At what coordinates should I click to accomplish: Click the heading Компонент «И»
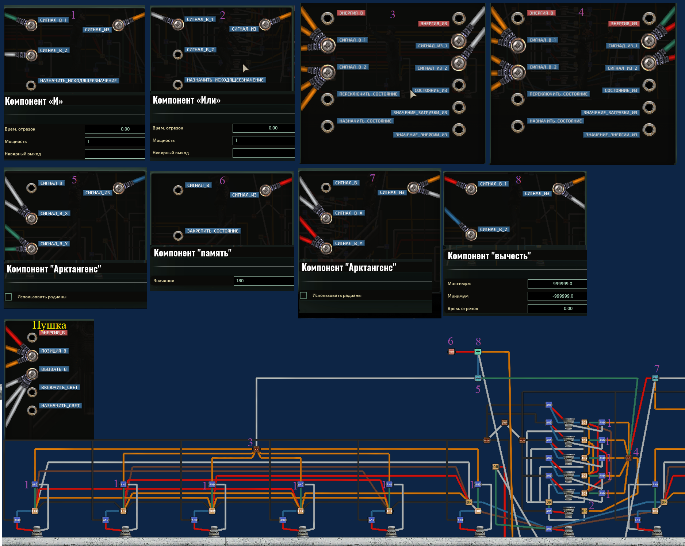tap(34, 101)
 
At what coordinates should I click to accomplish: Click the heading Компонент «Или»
tap(186, 100)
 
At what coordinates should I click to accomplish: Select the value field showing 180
tap(263, 281)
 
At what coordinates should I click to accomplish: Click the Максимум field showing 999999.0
tap(556, 284)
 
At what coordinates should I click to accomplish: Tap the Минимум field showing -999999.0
tap(556, 296)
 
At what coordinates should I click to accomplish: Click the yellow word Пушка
tap(49, 325)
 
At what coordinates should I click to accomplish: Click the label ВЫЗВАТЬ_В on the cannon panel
tap(54, 369)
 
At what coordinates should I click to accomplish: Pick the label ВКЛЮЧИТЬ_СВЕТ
tap(59, 387)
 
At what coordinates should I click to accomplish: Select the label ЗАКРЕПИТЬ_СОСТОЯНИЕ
tap(213, 231)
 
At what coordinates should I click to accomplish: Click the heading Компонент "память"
tap(192, 253)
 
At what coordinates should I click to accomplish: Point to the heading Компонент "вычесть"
tap(489, 256)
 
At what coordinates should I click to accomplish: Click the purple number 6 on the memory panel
tap(222, 181)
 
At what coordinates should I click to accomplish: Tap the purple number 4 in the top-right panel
tap(581, 12)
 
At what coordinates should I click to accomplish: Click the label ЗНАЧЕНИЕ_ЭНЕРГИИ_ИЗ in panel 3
tap(421, 135)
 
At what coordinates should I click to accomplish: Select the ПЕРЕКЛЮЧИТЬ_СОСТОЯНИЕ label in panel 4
tap(558, 94)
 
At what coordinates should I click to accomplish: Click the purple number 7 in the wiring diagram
tap(657, 368)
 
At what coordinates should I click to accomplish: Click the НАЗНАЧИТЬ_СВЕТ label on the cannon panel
tap(60, 406)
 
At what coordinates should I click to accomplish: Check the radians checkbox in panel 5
tap(8, 297)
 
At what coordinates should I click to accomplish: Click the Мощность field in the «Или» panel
tap(263, 140)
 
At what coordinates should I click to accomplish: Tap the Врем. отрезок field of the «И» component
tap(115, 129)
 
